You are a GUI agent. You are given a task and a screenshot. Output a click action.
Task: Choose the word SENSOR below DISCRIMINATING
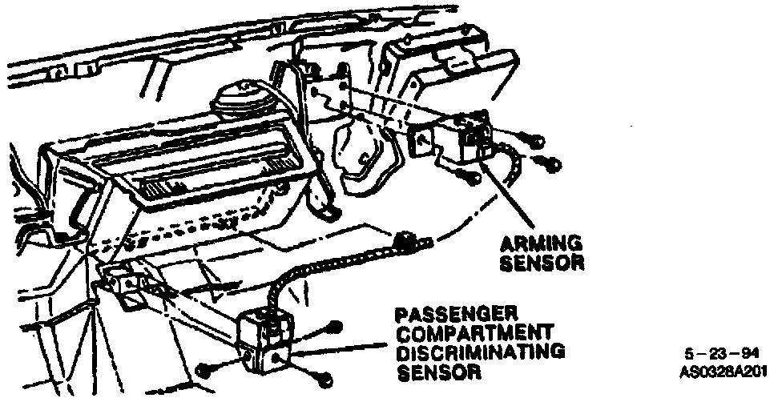(439, 372)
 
